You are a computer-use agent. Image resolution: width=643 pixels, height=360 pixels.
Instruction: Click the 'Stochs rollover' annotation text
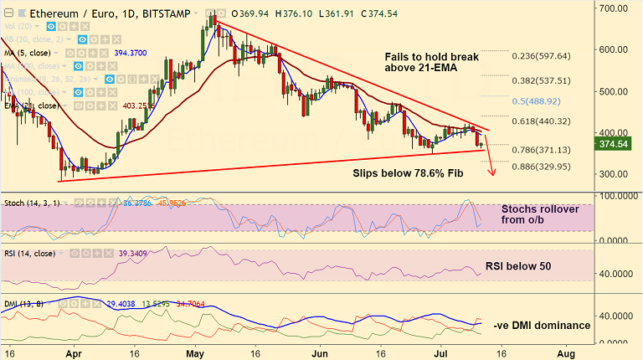(x=540, y=209)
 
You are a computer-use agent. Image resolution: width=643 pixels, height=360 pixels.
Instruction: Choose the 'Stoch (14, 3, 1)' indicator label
(x=31, y=203)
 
